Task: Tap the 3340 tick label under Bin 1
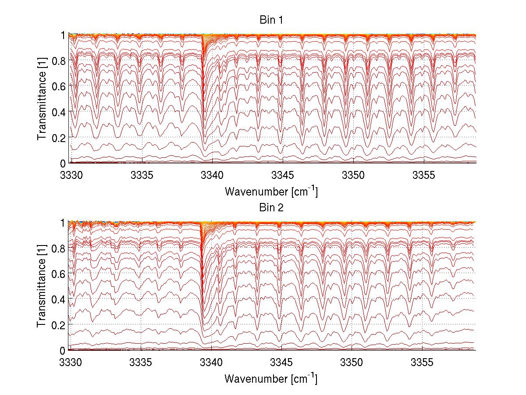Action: [212, 175]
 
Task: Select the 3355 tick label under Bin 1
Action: [423, 175]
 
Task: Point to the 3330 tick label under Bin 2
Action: [70, 363]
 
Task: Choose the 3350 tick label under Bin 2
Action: [352, 363]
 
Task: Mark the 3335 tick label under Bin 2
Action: [141, 363]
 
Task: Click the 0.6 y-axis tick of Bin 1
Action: [59, 86]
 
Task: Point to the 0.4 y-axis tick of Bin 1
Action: [59, 112]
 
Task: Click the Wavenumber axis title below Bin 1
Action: [270, 191]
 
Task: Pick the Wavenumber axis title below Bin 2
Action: [270, 378]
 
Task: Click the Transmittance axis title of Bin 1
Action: [42, 99]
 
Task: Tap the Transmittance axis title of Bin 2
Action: [42, 286]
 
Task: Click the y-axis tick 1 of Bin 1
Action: [63, 35]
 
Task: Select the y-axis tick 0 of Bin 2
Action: [63, 350]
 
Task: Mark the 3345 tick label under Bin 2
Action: [281, 363]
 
